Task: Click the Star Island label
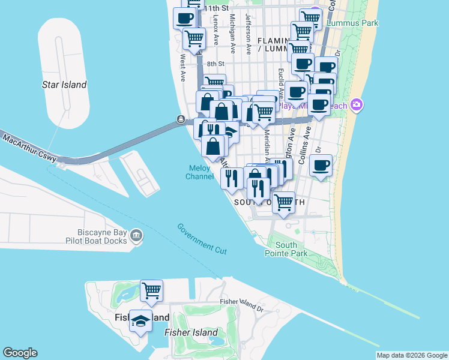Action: click(x=64, y=85)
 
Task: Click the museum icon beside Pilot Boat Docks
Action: click(x=137, y=236)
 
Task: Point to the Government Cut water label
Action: click(x=203, y=238)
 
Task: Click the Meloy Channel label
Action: click(x=199, y=172)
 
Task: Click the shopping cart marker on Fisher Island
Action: click(x=152, y=291)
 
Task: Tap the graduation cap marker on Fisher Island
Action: click(x=140, y=321)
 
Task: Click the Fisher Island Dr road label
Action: click(x=242, y=305)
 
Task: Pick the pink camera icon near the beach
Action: click(x=357, y=106)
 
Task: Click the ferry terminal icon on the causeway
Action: click(x=181, y=120)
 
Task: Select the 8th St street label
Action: click(x=215, y=64)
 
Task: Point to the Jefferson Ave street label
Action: click(x=248, y=29)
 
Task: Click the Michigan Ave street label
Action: click(x=232, y=29)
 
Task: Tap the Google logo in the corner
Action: click(x=20, y=353)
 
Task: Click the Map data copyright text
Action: click(x=412, y=355)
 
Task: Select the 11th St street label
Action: click(x=216, y=8)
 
